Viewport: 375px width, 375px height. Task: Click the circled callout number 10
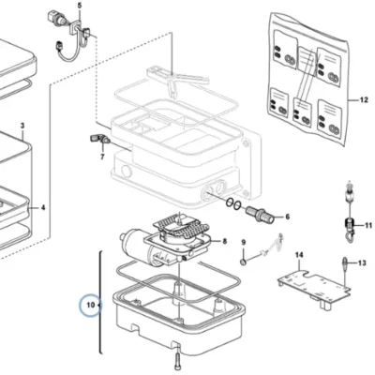tap(90, 305)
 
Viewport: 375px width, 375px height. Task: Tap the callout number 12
tap(364, 100)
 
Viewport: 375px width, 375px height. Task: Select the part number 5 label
tap(79, 6)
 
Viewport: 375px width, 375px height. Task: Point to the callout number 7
tap(102, 157)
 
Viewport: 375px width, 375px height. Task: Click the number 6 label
tap(287, 217)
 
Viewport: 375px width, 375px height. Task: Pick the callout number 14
tap(299, 255)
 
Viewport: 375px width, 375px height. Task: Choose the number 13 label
tap(362, 263)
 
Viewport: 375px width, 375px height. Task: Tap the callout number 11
tap(368, 225)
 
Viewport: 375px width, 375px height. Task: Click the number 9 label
tap(244, 242)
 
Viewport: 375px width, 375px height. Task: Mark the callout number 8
tap(225, 241)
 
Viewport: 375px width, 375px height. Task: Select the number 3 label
tap(22, 126)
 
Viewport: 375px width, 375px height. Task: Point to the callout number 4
tap(43, 207)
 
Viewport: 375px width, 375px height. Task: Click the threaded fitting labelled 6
tap(261, 214)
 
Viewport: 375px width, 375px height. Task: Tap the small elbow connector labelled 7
tap(98, 139)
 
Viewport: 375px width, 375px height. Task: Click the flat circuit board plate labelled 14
tap(314, 288)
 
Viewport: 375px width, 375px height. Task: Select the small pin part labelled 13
tap(344, 262)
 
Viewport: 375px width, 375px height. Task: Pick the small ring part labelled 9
tap(243, 262)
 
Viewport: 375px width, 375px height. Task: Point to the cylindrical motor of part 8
tap(132, 240)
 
